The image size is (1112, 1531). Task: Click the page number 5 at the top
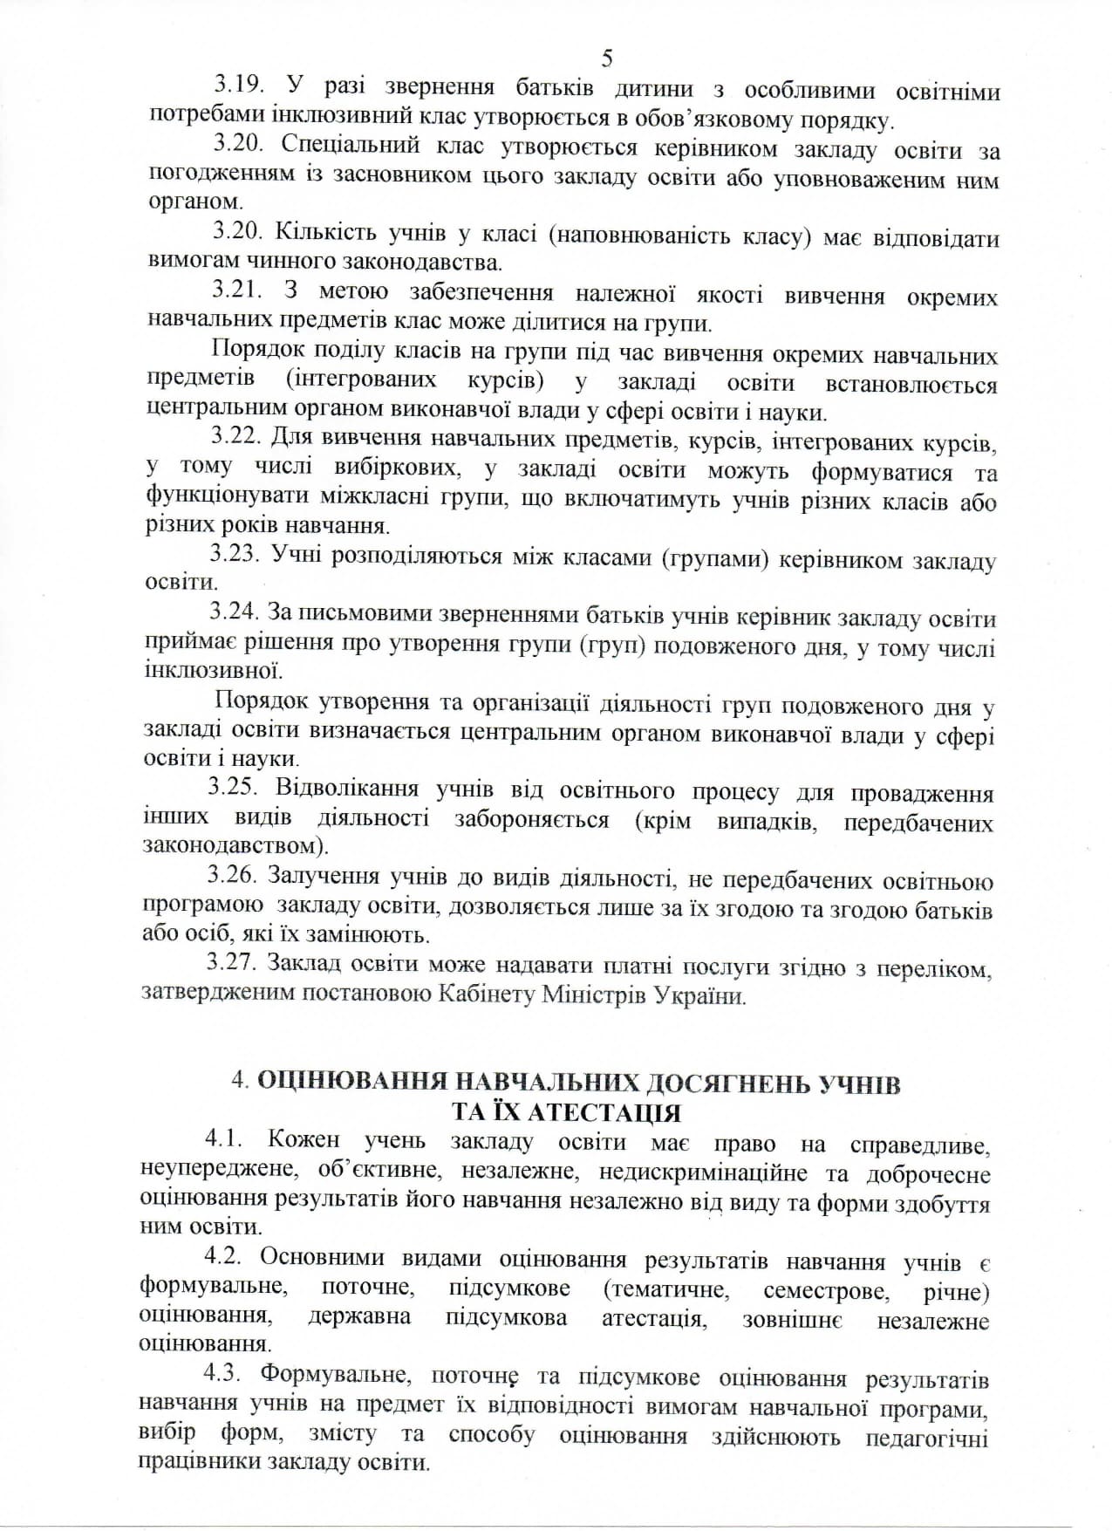[x=607, y=58]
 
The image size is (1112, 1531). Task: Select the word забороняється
[x=531, y=820]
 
